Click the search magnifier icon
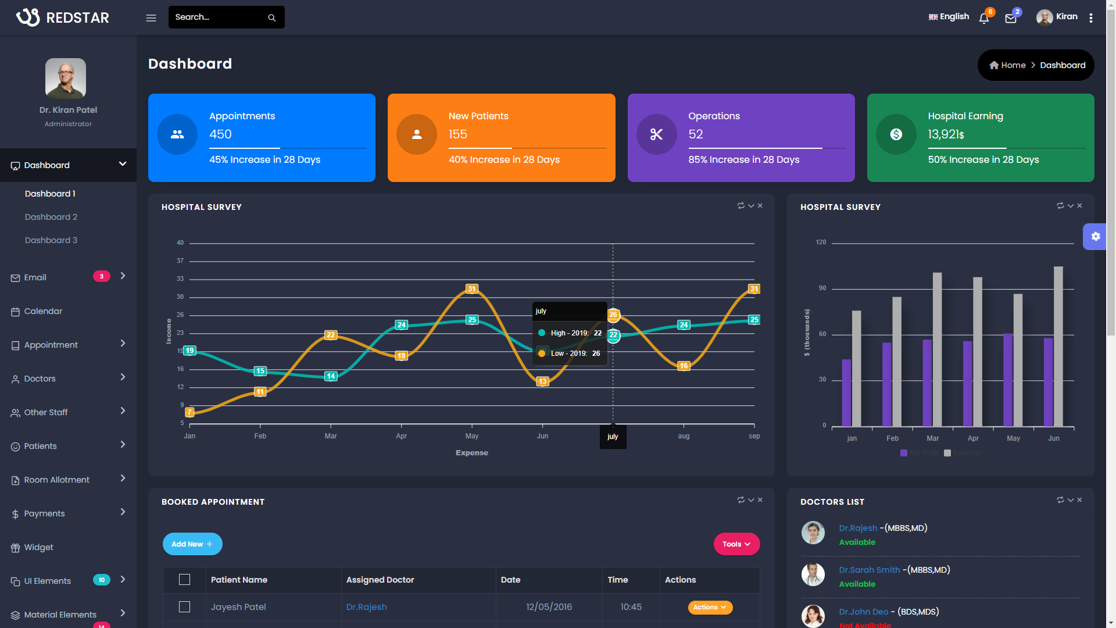tap(271, 18)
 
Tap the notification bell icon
tap(983, 19)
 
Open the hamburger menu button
tap(151, 18)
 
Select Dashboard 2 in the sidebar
tap(51, 217)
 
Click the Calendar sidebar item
tap(43, 311)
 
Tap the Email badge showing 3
tap(101, 277)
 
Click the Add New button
tap(192, 544)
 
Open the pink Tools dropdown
tap(736, 544)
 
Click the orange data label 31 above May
tap(472, 289)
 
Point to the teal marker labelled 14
tap(331, 376)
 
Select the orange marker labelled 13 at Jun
tap(542, 381)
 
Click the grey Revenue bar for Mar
tap(938, 349)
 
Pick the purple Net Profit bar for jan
tap(846, 392)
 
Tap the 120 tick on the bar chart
tap(821, 242)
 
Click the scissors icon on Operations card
tap(656, 134)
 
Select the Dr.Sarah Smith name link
tap(869, 570)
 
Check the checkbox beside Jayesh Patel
tap(184, 607)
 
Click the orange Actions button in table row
tap(710, 607)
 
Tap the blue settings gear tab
tap(1095, 237)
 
